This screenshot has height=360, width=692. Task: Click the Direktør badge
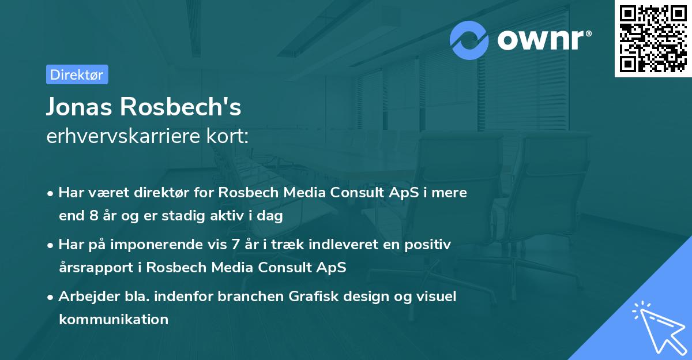(x=77, y=75)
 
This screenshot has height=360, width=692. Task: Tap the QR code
(x=653, y=39)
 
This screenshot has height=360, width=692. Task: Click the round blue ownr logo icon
(x=469, y=40)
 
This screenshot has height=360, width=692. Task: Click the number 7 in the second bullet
(x=235, y=244)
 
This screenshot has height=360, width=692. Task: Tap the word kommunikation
(x=114, y=319)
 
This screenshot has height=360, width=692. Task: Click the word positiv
(x=429, y=244)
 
